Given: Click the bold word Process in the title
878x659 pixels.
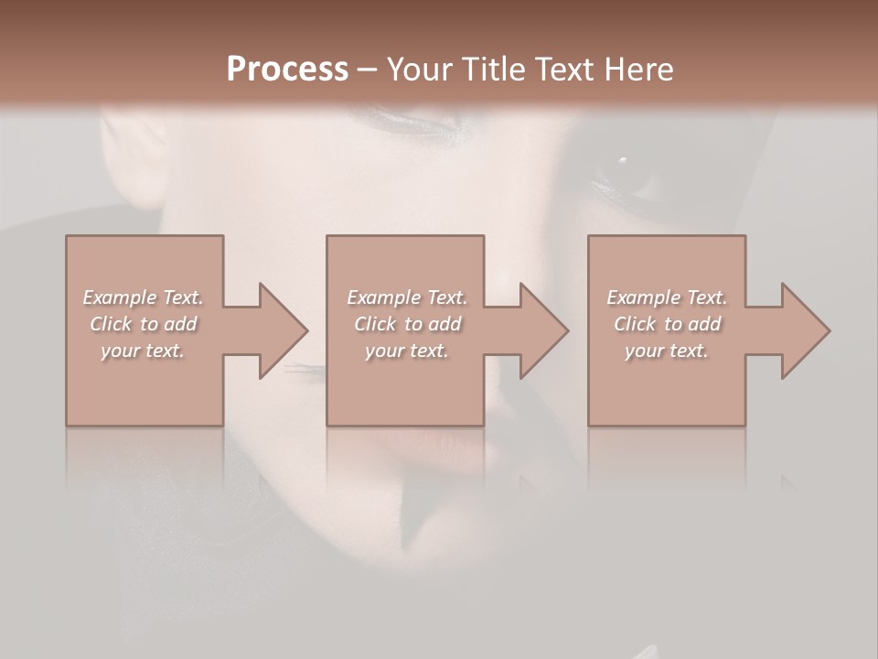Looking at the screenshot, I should [x=287, y=70].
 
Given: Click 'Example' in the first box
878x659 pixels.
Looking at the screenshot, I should [x=119, y=297].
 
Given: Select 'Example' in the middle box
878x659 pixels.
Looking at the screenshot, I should [x=382, y=297].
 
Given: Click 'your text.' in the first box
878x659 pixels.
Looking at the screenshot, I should [x=143, y=351].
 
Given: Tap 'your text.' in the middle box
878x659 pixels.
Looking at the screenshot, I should [x=406, y=351].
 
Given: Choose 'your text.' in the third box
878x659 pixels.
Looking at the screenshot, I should [x=667, y=351].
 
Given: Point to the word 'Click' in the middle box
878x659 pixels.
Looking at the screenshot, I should [x=375, y=324].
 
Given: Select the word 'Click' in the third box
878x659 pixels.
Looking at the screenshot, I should [x=635, y=324].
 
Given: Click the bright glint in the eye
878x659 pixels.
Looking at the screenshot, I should [x=623, y=160].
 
